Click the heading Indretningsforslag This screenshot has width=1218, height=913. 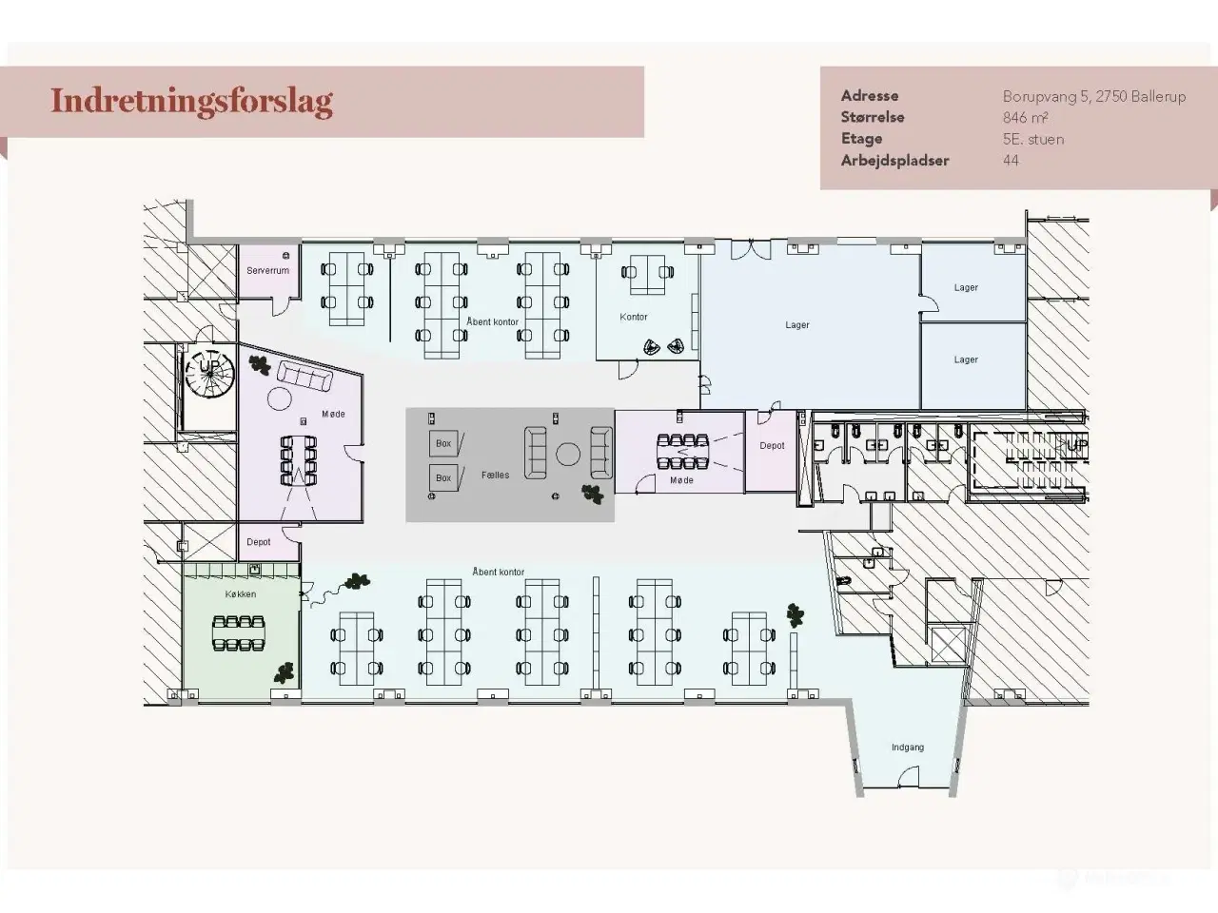tap(191, 101)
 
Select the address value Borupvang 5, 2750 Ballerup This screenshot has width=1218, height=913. tap(1093, 96)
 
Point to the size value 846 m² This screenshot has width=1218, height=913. tap(1025, 118)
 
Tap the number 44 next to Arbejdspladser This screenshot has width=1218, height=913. tap(1011, 161)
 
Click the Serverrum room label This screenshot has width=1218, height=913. tap(267, 271)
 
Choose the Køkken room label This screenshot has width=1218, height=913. tap(240, 594)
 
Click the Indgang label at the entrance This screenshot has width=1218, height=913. tap(907, 748)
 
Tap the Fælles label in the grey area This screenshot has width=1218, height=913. tap(495, 475)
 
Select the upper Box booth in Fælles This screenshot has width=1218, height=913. tap(444, 443)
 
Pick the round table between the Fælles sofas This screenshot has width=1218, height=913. tap(569, 454)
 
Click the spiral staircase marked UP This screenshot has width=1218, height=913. tap(208, 371)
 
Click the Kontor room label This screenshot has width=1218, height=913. tap(633, 318)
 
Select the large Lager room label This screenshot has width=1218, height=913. tap(796, 325)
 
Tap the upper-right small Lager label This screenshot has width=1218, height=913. tap(966, 288)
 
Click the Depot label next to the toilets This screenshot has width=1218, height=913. tap(772, 446)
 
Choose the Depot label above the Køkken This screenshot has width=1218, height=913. tap(258, 542)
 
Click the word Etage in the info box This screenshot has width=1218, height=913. tap(861, 139)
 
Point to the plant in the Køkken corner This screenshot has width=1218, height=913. tap(284, 673)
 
